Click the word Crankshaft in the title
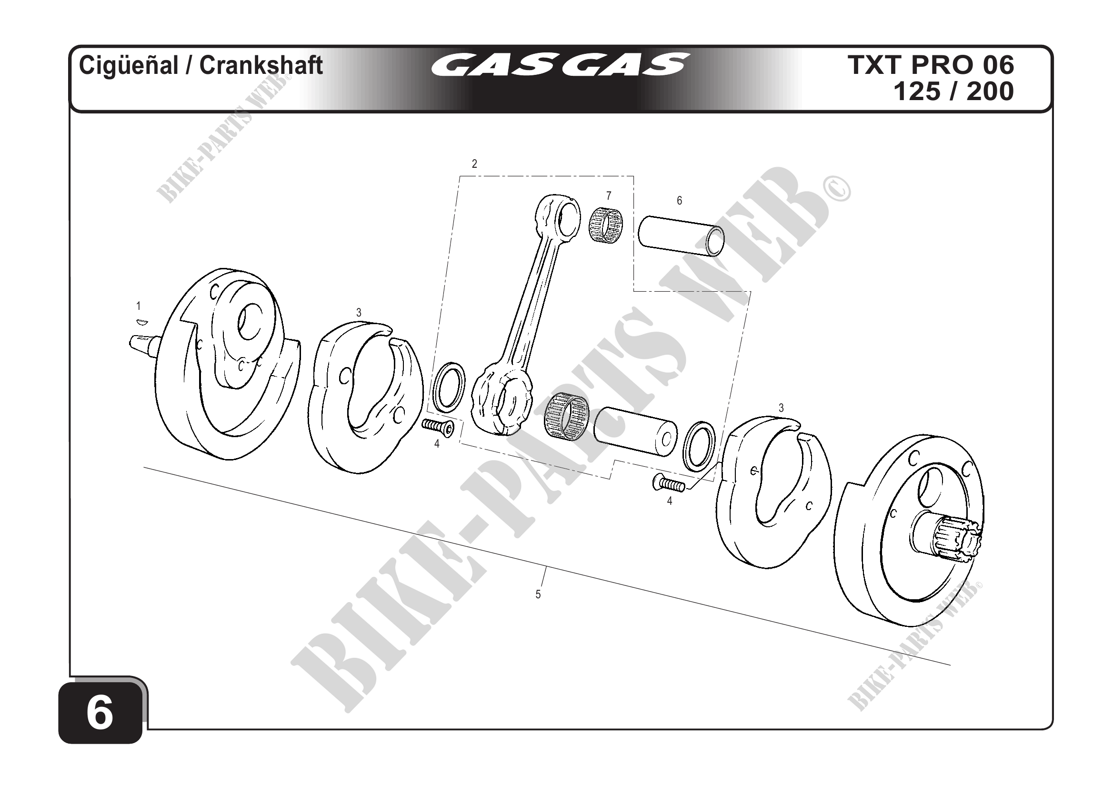pyautogui.click(x=261, y=65)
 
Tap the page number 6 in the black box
pyautogui.click(x=100, y=714)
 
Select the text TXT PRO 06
pyautogui.click(x=931, y=65)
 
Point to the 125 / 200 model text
pyautogui.click(x=953, y=91)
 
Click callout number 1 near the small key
pyautogui.click(x=139, y=306)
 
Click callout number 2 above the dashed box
pyautogui.click(x=474, y=164)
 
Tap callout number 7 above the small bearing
pyautogui.click(x=608, y=195)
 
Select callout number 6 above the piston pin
pyautogui.click(x=679, y=200)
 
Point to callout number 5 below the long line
pyautogui.click(x=538, y=594)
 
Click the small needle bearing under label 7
pyautogui.click(x=606, y=225)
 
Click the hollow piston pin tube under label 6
pyautogui.click(x=681, y=243)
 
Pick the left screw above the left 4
pyautogui.click(x=438, y=427)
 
